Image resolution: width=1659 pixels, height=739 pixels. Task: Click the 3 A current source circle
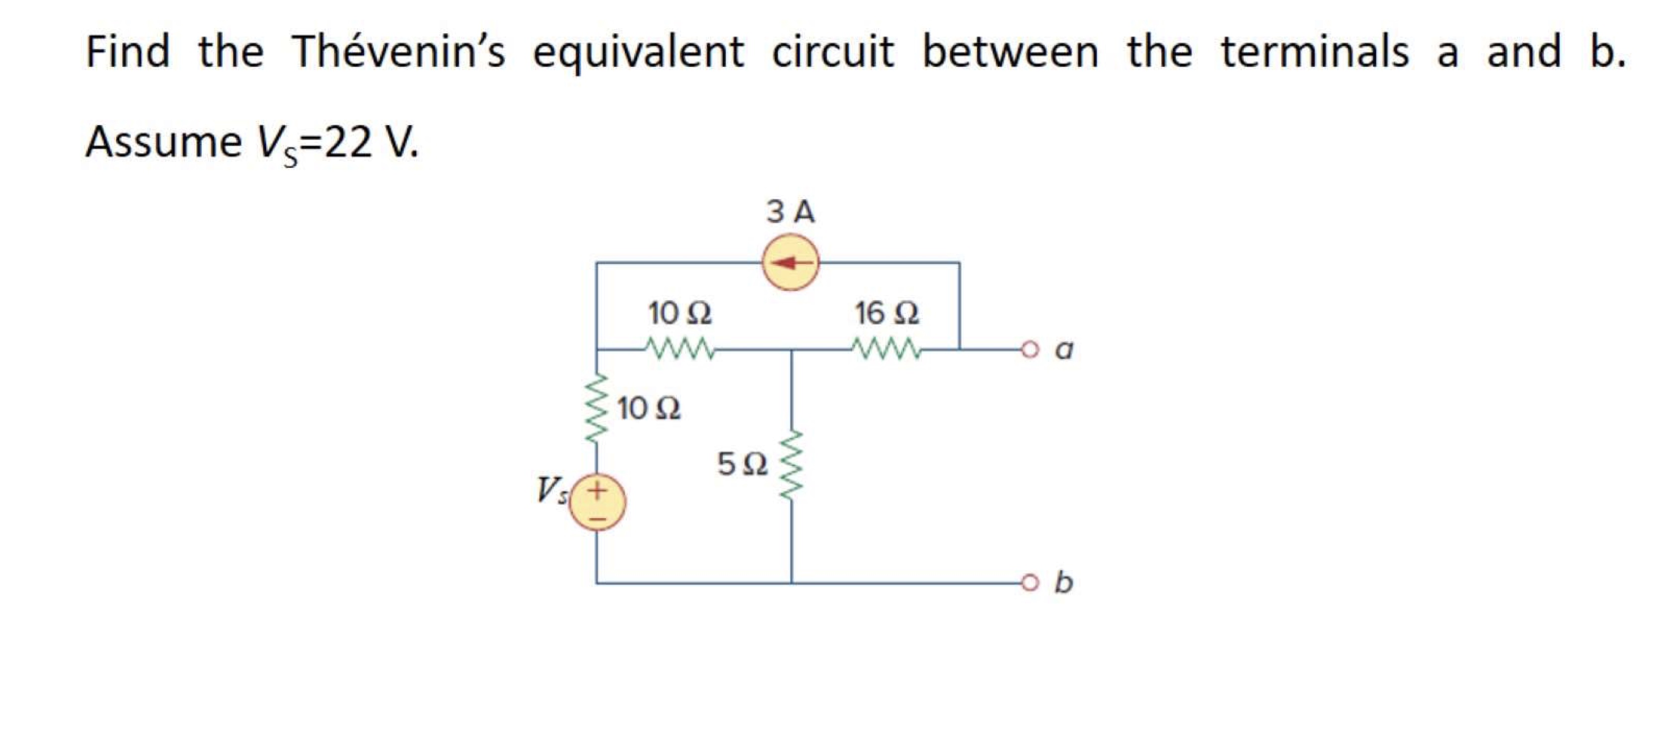[x=791, y=262]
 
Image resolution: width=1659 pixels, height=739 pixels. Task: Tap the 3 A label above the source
[x=790, y=212]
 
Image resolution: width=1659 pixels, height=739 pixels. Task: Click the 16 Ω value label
[x=886, y=313]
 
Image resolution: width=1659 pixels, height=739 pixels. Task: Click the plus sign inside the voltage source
[x=598, y=491]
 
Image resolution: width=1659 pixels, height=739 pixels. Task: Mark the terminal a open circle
[x=1030, y=350]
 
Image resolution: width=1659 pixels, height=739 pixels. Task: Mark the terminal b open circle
[x=1030, y=583]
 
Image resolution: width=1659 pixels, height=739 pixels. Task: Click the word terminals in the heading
[x=1314, y=52]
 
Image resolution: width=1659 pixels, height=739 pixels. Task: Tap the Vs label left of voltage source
[x=552, y=491]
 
